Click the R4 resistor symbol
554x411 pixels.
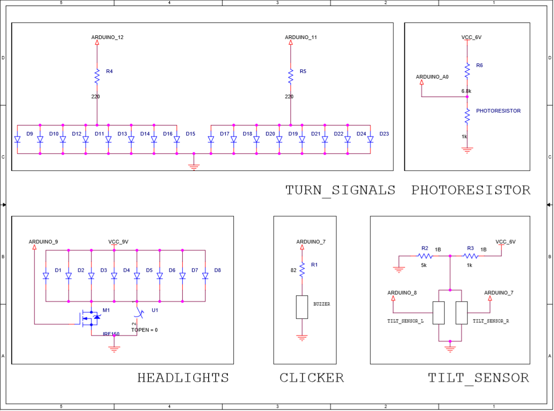click(x=97, y=76)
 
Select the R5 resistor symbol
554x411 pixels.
click(x=291, y=76)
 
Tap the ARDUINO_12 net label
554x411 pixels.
click(x=107, y=37)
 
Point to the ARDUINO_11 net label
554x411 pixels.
click(x=301, y=37)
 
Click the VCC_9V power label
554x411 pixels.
click(x=118, y=241)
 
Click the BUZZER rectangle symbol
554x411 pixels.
click(x=302, y=307)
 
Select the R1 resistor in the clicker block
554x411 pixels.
click(x=302, y=269)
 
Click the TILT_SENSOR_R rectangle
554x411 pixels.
click(x=461, y=313)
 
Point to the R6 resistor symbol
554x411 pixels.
click(x=467, y=71)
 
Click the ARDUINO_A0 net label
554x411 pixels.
click(x=432, y=77)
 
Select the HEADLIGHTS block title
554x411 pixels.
click(x=183, y=378)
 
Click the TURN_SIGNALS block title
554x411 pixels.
click(x=340, y=190)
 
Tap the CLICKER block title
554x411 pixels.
click(x=311, y=378)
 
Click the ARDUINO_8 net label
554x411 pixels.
click(x=402, y=292)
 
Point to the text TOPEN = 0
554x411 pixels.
click(x=144, y=330)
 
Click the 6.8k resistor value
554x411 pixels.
click(x=467, y=91)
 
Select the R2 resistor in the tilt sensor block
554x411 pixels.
click(x=425, y=256)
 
